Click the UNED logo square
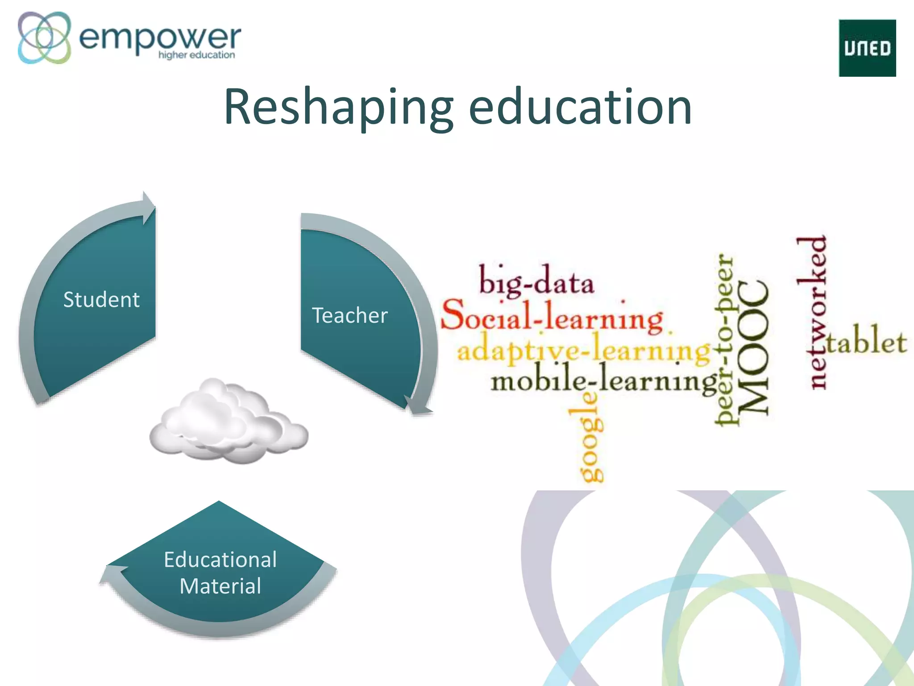[867, 48]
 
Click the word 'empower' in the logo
[159, 38]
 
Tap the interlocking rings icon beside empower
[44, 38]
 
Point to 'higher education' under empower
[196, 55]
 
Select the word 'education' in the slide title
[580, 107]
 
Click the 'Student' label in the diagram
[101, 299]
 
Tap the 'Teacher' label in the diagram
[349, 315]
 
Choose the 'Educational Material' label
[220, 573]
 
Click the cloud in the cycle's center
[228, 422]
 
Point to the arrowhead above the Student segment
[149, 208]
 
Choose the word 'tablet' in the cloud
[866, 342]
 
